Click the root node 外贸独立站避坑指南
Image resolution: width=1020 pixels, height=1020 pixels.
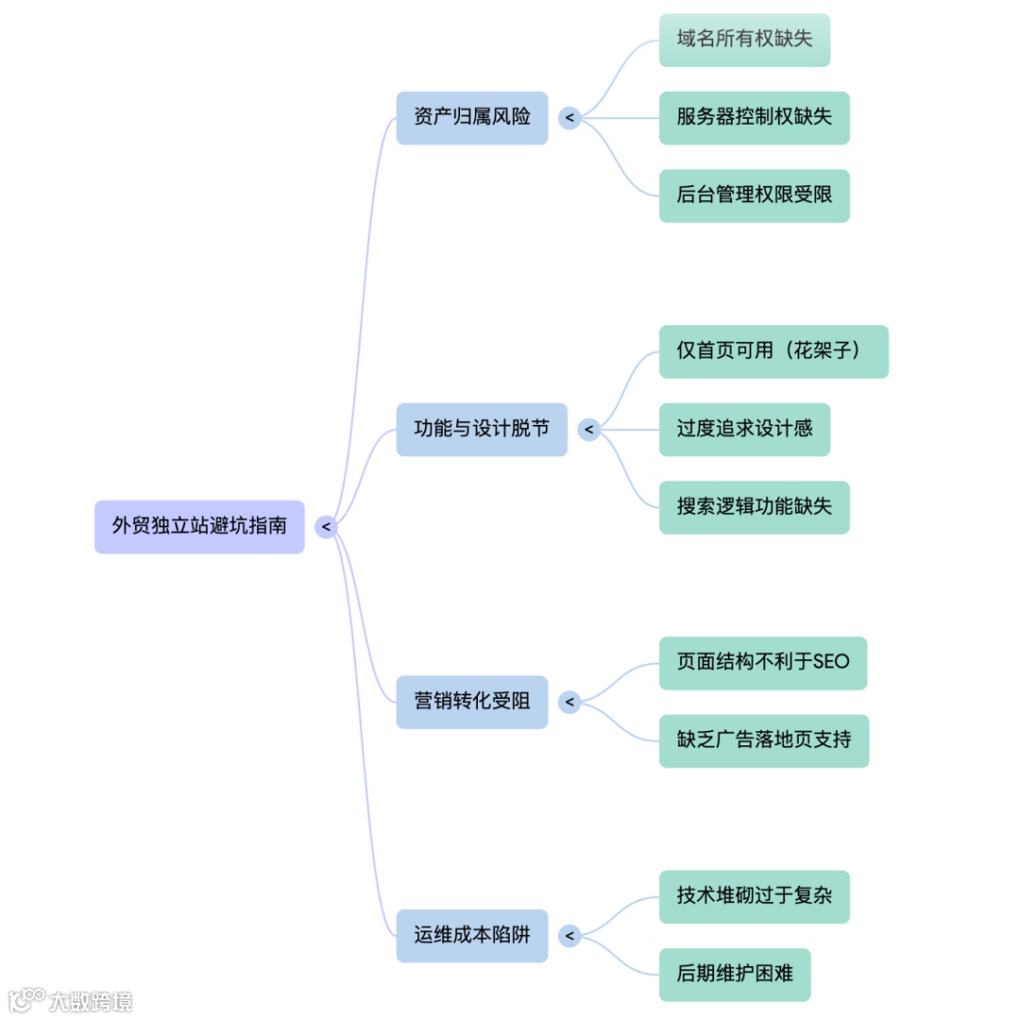click(199, 526)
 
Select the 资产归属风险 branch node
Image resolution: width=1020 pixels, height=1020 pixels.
click(471, 118)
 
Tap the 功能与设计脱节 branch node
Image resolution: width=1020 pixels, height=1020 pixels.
click(482, 430)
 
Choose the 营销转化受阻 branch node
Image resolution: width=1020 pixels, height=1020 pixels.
click(471, 702)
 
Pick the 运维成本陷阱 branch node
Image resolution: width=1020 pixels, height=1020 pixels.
click(471, 936)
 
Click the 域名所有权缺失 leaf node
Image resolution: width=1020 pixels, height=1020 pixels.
click(744, 40)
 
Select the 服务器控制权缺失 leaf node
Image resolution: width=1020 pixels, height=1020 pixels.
click(754, 118)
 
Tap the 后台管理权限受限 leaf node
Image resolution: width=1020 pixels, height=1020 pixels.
click(754, 195)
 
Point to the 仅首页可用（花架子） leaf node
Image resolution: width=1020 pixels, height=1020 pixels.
click(773, 351)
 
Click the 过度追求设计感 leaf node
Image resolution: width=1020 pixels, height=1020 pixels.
click(744, 429)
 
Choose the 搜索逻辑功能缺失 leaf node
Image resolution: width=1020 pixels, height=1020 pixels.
click(754, 507)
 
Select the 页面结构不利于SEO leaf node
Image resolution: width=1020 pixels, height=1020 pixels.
click(762, 663)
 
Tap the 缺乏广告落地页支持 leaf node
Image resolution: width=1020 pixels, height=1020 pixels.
click(763, 740)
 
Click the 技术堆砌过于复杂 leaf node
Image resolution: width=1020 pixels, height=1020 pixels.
click(754, 896)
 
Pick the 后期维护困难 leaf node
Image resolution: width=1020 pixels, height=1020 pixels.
click(735, 975)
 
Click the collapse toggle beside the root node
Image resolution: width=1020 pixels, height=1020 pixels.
click(326, 527)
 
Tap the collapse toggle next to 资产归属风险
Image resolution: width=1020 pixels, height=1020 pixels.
click(569, 118)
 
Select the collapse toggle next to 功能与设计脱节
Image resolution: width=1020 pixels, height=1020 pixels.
click(588, 430)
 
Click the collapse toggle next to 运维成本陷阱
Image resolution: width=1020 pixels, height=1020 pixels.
click(569, 936)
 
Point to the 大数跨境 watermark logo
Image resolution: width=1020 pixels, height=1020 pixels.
click(70, 1000)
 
